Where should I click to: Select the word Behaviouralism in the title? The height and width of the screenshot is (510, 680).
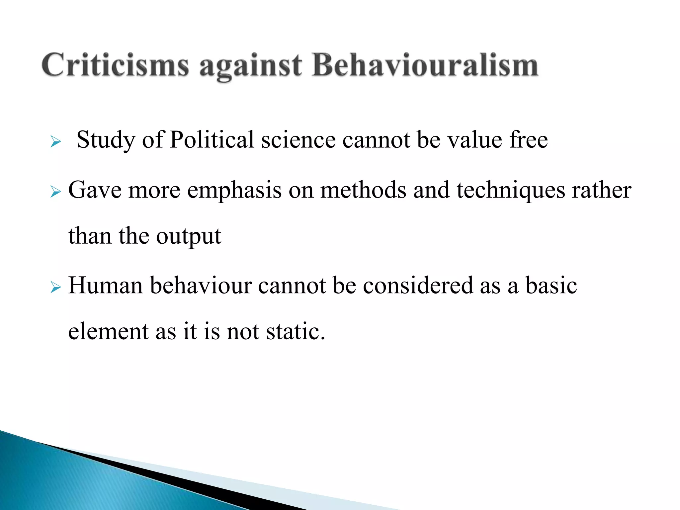[425, 65]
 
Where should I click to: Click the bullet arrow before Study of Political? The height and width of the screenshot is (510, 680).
[55, 142]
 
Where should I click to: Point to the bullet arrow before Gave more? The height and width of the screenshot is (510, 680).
[55, 192]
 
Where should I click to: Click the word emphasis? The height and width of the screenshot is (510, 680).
[234, 191]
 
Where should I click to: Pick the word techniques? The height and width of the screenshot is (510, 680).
[511, 191]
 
